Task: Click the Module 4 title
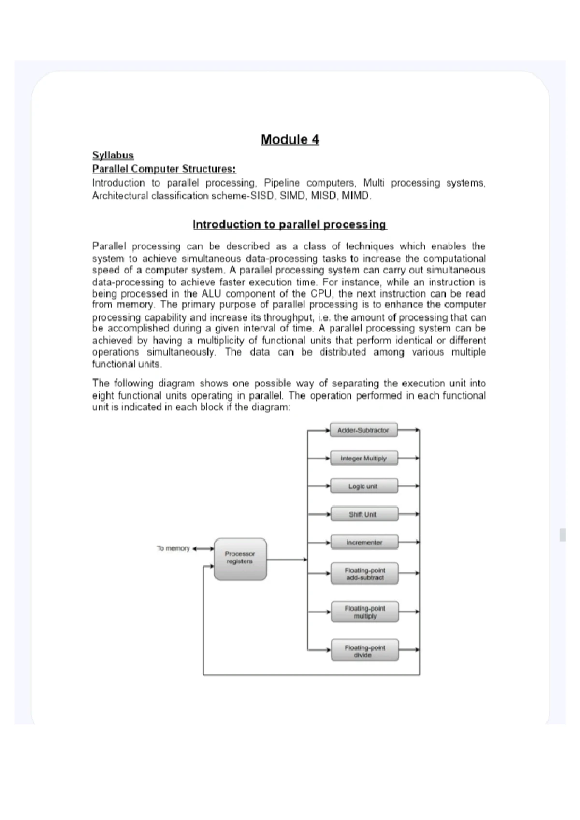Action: tap(290, 140)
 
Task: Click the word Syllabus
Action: tap(113, 155)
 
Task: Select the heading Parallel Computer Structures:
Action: tap(164, 169)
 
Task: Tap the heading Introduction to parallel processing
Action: tap(290, 225)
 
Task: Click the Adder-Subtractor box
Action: tap(363, 430)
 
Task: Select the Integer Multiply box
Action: tap(363, 458)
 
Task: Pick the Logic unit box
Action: tap(363, 486)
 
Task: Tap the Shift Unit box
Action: tap(363, 514)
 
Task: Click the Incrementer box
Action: tap(363, 542)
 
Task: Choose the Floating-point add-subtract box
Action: tap(364, 574)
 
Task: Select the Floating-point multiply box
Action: tap(364, 612)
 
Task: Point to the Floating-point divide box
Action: tap(364, 651)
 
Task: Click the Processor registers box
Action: tap(240, 559)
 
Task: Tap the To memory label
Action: tap(173, 548)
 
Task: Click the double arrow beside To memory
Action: tap(203, 549)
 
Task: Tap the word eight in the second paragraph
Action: tap(103, 396)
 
